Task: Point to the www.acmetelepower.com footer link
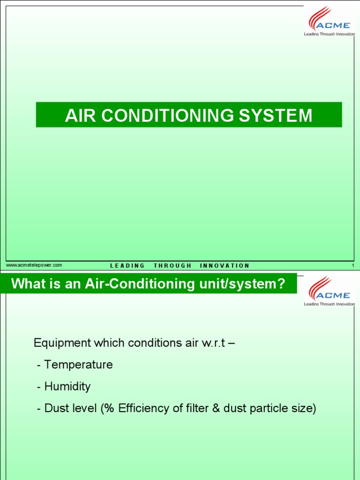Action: pyautogui.click(x=34, y=265)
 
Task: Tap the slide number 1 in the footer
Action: pyautogui.click(x=352, y=266)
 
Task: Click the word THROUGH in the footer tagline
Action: pyautogui.click(x=172, y=266)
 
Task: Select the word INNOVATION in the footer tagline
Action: pyautogui.click(x=225, y=266)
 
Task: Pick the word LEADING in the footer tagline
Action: pyautogui.click(x=127, y=266)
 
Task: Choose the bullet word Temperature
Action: pyautogui.click(x=78, y=365)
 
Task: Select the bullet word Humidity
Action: pyautogui.click(x=67, y=387)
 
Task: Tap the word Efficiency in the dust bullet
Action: pyautogui.click(x=144, y=409)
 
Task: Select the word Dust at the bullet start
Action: pyautogui.click(x=55, y=409)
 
